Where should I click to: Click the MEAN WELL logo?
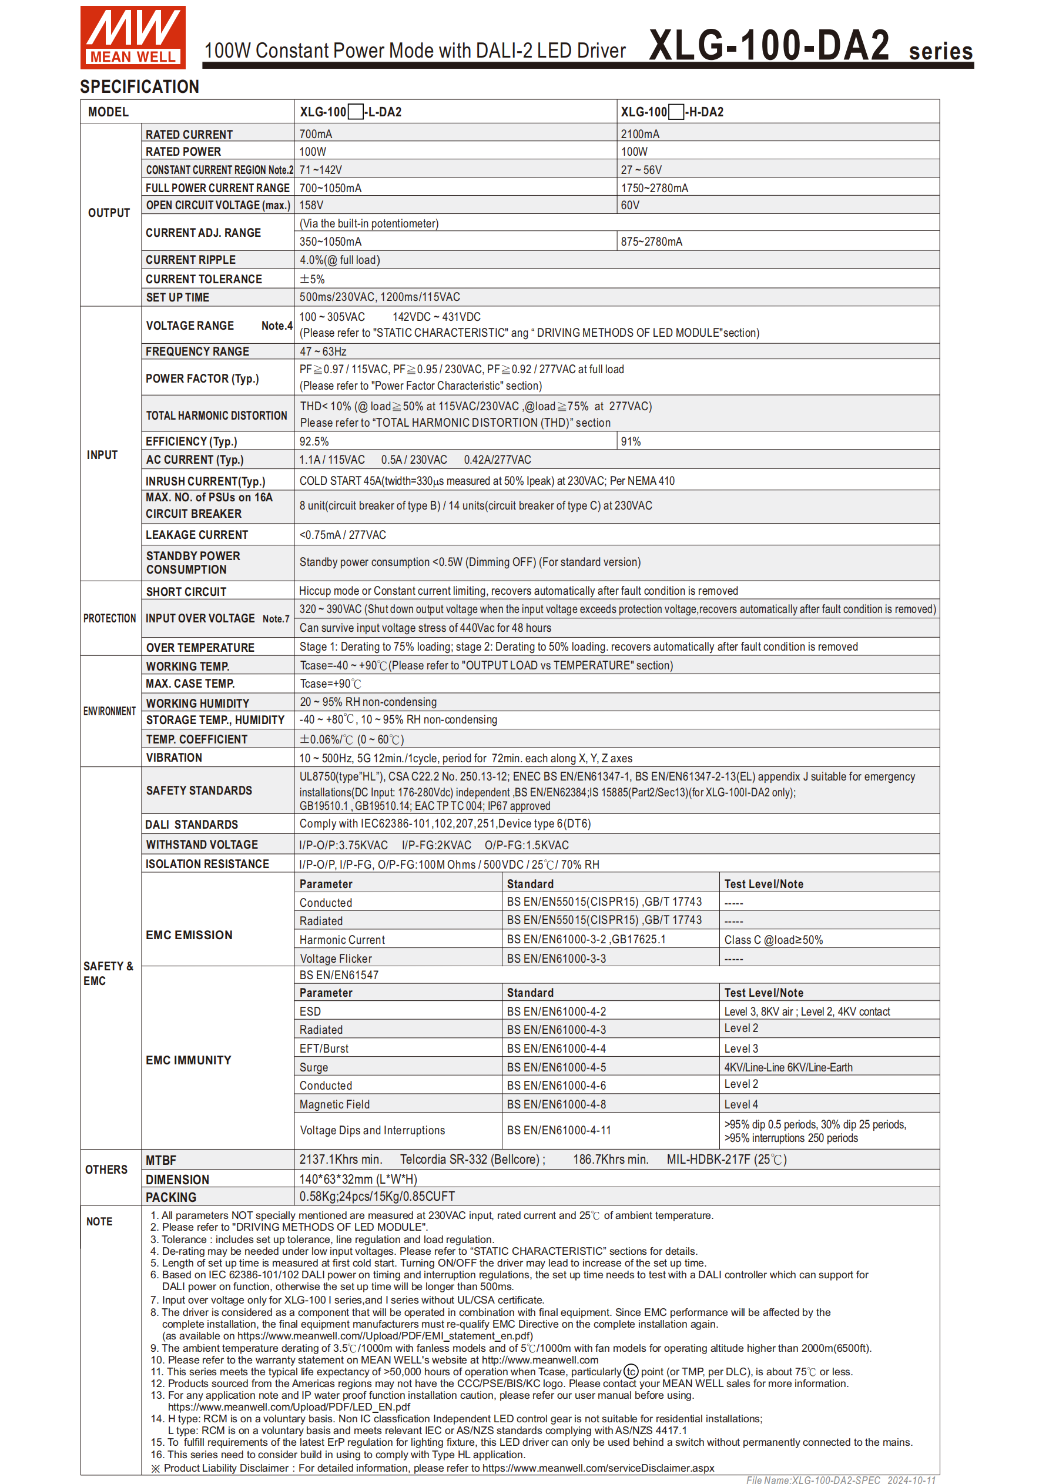pyautogui.click(x=132, y=38)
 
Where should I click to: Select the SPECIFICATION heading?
pyautogui.click(x=140, y=86)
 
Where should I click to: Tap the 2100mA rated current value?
pyautogui.click(x=640, y=134)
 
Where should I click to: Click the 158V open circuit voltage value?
pyautogui.click(x=311, y=205)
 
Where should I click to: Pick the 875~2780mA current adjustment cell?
pyautogui.click(x=652, y=242)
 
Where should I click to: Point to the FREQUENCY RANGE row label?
pyautogui.click(x=197, y=351)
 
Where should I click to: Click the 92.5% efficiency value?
pyautogui.click(x=314, y=441)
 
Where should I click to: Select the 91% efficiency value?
pyautogui.click(x=631, y=441)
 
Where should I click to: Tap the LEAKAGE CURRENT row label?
pyautogui.click(x=196, y=534)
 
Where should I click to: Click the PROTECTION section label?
pyautogui.click(x=109, y=618)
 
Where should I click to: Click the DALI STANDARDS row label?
pyautogui.click(x=192, y=824)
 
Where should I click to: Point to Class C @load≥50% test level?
pyautogui.click(x=773, y=940)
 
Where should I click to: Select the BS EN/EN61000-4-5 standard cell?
pyautogui.click(x=556, y=1067)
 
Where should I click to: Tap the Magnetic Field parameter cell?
pyautogui.click(x=334, y=1104)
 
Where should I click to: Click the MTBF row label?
pyautogui.click(x=161, y=1160)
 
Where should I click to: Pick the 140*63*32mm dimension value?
pyautogui.click(x=358, y=1179)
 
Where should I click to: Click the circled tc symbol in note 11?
pyautogui.click(x=631, y=1372)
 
